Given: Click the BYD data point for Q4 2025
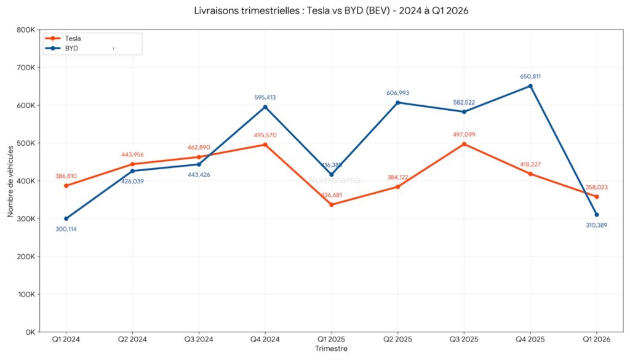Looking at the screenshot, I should click(530, 86).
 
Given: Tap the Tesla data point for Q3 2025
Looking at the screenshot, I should click(464, 144).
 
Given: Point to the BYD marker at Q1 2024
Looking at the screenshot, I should click(66, 218).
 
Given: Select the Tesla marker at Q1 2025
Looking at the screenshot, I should click(332, 204).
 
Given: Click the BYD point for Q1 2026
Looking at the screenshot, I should click(597, 215).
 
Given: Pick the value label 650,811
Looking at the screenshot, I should click(530, 76).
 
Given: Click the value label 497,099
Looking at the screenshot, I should click(464, 134).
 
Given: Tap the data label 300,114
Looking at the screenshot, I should click(66, 229).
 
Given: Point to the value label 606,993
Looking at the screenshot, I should click(397, 93).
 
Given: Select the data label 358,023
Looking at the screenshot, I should click(597, 186).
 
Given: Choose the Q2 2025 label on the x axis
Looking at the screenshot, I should click(397, 339).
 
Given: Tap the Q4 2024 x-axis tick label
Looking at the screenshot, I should click(265, 339).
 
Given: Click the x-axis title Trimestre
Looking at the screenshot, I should click(331, 349).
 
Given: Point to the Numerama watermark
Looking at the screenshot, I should click(334, 180).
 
